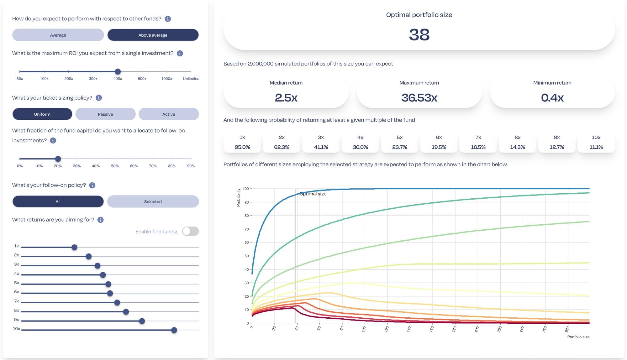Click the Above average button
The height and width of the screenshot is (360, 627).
[x=153, y=35]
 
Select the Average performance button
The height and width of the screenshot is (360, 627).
[x=58, y=35]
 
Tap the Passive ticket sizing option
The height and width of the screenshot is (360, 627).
[x=105, y=114]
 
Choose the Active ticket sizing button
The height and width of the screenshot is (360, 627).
[x=169, y=114]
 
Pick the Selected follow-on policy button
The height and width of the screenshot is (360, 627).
[x=153, y=201]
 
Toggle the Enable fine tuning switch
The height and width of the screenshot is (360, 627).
[x=190, y=231]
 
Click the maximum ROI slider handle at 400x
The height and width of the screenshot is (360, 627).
[x=118, y=71]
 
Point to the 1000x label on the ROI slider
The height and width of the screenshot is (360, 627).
[x=166, y=79]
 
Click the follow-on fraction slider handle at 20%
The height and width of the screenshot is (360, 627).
[x=58, y=159]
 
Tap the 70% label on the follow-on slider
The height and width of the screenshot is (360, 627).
[x=153, y=166]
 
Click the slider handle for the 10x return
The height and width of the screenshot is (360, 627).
[x=174, y=330]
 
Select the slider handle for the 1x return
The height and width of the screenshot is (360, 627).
[x=74, y=247]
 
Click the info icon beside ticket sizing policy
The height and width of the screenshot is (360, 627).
[x=99, y=98]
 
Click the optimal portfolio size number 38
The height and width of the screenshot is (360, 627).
[x=419, y=34]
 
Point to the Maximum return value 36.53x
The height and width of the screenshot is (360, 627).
[x=419, y=98]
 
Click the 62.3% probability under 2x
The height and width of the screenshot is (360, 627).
[x=282, y=147]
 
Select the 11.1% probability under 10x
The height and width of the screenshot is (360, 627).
[x=596, y=147]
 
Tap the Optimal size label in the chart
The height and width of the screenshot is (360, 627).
[x=313, y=194]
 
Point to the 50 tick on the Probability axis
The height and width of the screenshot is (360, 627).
[x=247, y=256]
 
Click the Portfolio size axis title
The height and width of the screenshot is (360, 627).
[x=578, y=337]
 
